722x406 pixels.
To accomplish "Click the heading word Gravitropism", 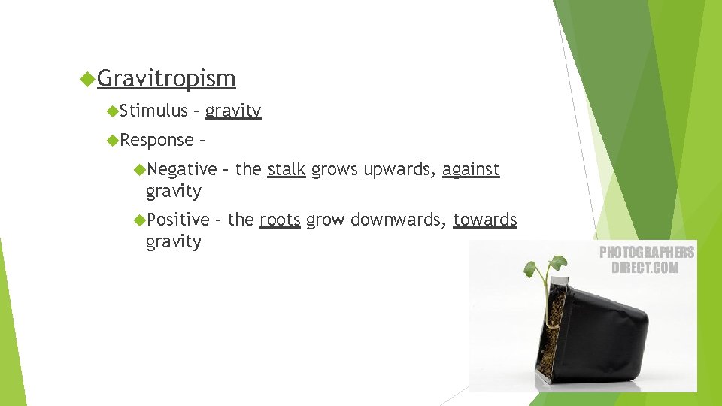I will [166, 78].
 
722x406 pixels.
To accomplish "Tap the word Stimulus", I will [153, 111].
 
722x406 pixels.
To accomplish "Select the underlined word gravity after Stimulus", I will [233, 111].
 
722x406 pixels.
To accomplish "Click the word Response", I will [156, 140].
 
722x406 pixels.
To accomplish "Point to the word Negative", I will [181, 169].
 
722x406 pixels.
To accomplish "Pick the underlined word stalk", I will [287, 169].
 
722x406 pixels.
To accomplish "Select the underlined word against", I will [471, 169].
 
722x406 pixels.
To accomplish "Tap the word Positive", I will [177, 220].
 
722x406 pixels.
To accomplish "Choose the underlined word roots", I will [280, 220].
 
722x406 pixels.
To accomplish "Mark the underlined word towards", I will [485, 220].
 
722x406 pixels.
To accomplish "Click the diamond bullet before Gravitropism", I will [87, 78].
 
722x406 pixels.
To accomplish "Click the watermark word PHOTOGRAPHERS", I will [646, 253].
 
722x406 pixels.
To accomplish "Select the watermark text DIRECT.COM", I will [645, 268].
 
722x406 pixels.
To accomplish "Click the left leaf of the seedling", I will [531, 268].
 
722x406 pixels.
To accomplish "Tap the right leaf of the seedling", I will [557, 262].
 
